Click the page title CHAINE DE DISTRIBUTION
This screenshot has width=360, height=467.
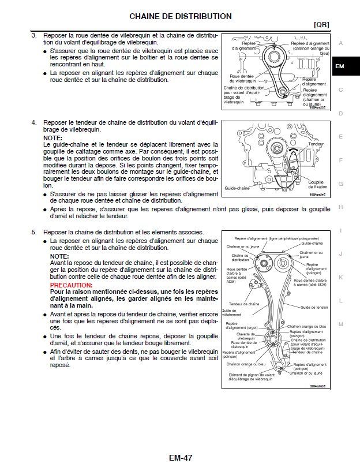point(180,16)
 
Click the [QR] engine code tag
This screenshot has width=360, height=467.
point(321,25)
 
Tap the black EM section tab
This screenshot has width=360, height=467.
point(340,66)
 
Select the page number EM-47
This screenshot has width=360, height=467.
point(180,458)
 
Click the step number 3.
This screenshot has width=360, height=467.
point(34,36)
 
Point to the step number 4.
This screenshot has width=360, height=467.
point(34,122)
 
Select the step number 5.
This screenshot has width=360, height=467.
point(34,231)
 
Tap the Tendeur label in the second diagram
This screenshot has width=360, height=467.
point(316,144)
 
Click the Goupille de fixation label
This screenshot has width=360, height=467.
point(318,184)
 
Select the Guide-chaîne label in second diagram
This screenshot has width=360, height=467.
point(237,189)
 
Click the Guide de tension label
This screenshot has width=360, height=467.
point(314,308)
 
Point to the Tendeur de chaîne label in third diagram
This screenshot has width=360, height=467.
point(242,304)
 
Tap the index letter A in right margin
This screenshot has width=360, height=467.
point(341,43)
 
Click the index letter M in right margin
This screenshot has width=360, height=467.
point(341,324)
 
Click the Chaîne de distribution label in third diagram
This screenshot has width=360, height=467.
point(240,257)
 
